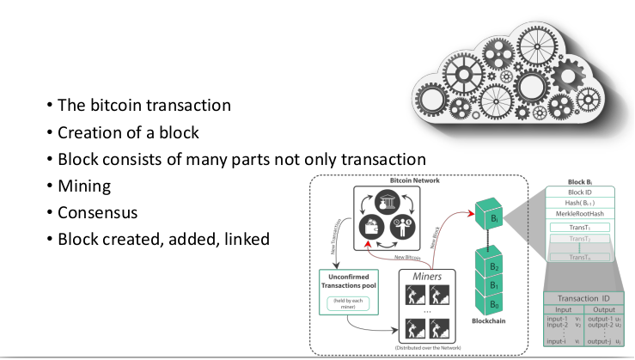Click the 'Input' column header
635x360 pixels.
[563, 309]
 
